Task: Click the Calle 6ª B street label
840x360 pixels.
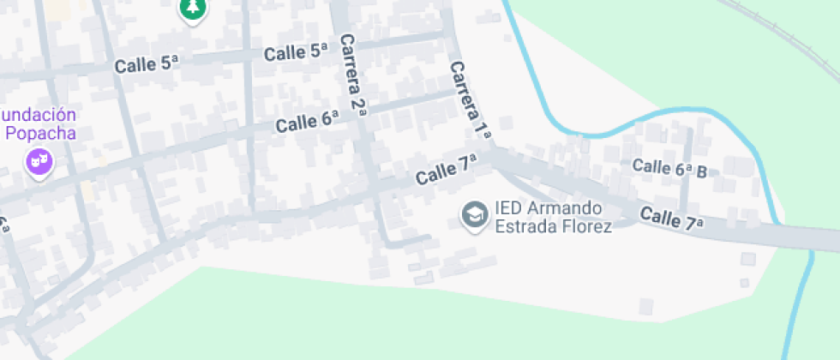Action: [669, 168]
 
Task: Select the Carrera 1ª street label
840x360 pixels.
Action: [469, 100]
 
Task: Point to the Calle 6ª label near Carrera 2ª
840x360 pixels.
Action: [307, 122]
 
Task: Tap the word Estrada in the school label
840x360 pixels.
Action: [524, 227]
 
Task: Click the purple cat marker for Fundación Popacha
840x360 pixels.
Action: [39, 160]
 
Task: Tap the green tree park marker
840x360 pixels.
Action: [194, 9]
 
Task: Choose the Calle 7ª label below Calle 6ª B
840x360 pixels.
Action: [671, 219]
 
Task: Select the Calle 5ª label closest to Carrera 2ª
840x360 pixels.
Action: [297, 52]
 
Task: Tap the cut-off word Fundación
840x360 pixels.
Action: [39, 115]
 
